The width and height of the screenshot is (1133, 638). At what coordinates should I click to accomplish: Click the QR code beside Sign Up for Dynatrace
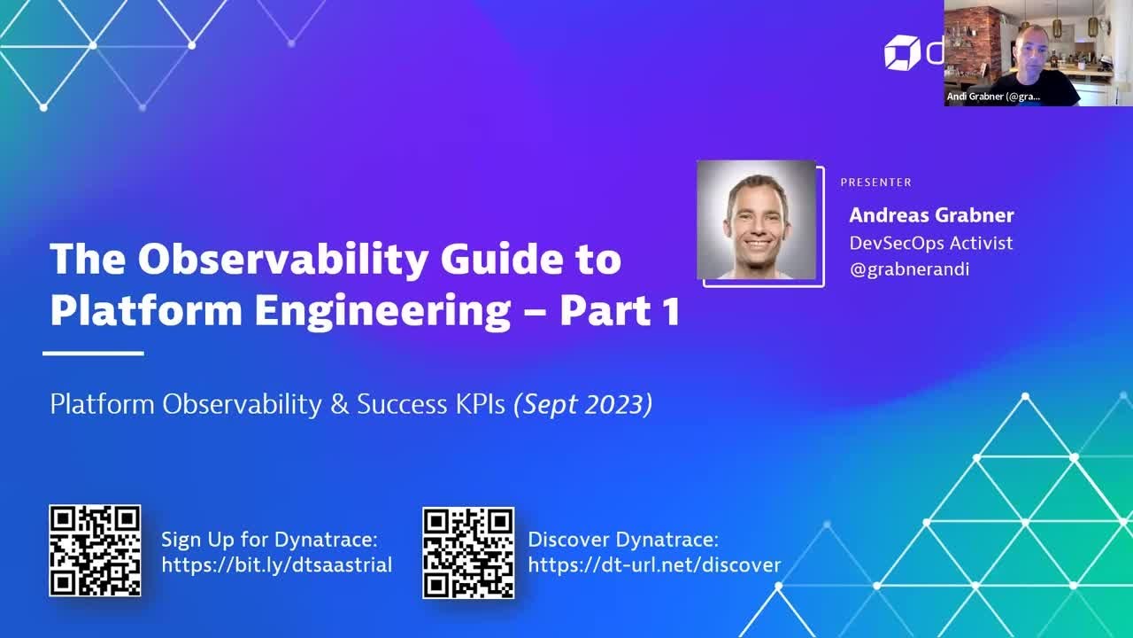click(x=95, y=550)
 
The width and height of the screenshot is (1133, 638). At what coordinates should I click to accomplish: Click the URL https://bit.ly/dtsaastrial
click(x=276, y=565)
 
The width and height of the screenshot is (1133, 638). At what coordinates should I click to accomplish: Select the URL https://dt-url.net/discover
click(x=654, y=565)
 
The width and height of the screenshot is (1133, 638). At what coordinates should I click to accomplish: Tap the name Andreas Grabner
click(x=931, y=215)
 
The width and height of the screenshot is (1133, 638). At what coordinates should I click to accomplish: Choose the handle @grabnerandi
click(x=909, y=269)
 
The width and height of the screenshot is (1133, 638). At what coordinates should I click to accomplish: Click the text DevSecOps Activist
click(x=930, y=243)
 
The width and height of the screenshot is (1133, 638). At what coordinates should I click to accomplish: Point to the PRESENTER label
click(x=875, y=183)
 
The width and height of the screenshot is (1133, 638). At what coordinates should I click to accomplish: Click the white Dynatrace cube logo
click(x=902, y=52)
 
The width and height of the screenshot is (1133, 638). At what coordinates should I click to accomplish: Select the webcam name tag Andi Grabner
click(x=993, y=97)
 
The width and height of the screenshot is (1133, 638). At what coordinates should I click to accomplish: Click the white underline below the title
click(x=93, y=353)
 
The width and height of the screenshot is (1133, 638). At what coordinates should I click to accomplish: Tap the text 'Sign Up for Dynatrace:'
click(x=269, y=540)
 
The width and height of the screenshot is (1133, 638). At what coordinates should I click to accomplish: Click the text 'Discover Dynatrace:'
click(x=623, y=540)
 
